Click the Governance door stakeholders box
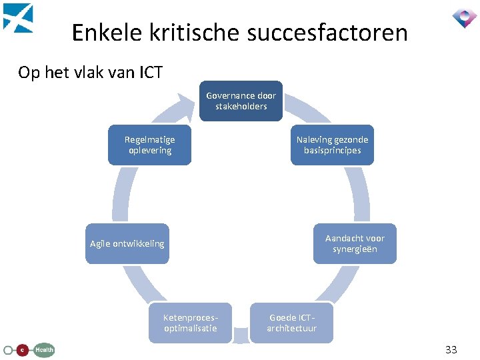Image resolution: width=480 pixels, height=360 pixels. coord(241,101)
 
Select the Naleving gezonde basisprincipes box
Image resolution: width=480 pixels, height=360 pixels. coord(332,145)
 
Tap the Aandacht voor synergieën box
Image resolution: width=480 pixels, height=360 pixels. coord(355,243)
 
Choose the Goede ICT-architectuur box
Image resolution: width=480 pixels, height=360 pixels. coord(291,323)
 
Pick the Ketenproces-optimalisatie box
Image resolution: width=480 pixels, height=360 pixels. coord(190,323)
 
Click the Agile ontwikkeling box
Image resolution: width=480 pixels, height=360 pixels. coord(127,243)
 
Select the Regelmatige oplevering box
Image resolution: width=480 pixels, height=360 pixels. coord(149,145)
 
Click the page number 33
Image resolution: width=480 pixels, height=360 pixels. coord(451,349)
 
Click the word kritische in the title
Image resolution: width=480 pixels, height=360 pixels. coord(193,32)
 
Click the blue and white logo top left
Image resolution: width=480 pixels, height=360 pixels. coord(17,17)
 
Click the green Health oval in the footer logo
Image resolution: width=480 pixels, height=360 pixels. coord(44,349)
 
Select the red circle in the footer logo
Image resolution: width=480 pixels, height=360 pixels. coord(21,349)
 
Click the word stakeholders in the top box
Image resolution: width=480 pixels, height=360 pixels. coord(241,107)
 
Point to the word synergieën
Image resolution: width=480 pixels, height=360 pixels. coord(355,249)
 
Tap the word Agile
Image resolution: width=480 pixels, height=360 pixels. coord(101,244)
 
